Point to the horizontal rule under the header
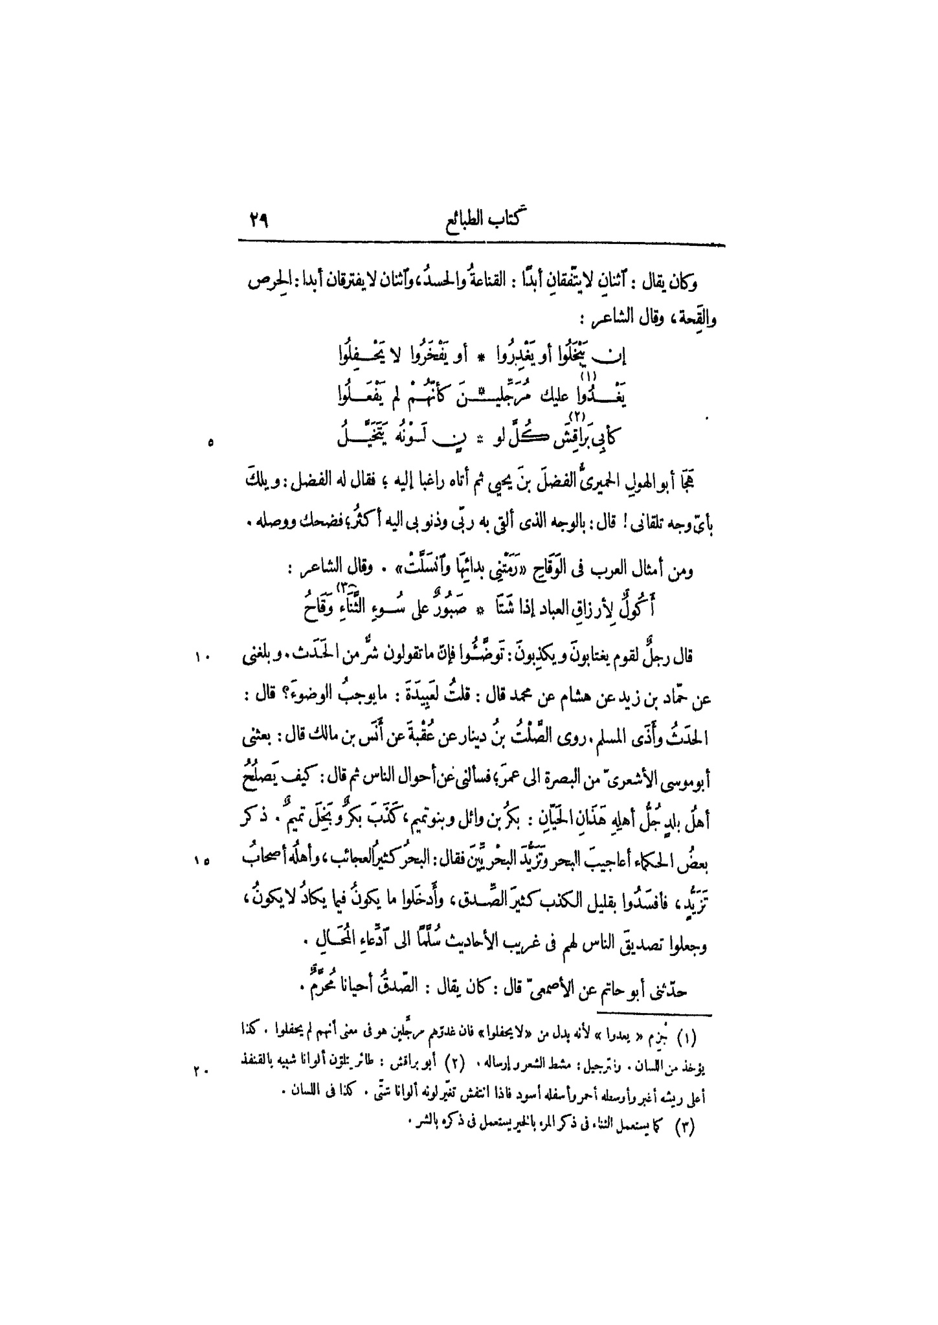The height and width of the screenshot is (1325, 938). (x=481, y=244)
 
